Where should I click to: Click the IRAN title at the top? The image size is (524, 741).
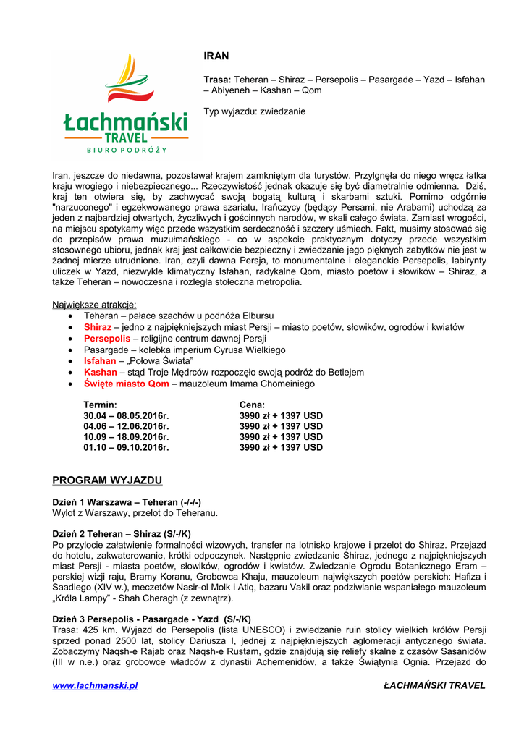(x=216, y=56)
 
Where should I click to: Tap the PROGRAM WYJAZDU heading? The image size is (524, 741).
(x=107, y=480)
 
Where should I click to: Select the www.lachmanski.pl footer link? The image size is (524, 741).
(x=95, y=685)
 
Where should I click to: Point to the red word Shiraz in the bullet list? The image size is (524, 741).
(x=98, y=327)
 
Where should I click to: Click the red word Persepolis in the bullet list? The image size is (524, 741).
(x=107, y=339)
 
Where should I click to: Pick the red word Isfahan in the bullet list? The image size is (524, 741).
(x=100, y=361)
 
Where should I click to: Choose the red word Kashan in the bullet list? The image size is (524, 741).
(x=100, y=372)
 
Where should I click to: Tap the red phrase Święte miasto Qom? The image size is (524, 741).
(x=126, y=384)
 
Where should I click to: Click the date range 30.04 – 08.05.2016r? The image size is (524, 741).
(x=126, y=416)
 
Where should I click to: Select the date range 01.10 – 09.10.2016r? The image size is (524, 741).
(x=126, y=448)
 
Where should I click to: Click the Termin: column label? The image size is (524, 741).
(x=100, y=405)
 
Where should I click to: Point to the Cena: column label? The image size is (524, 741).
(x=252, y=405)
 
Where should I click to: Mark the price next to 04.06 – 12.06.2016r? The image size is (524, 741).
(x=281, y=426)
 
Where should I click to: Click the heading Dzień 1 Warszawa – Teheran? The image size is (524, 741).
(x=127, y=502)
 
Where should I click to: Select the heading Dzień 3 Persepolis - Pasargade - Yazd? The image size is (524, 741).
(x=152, y=619)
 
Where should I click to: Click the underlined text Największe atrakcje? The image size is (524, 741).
(x=94, y=305)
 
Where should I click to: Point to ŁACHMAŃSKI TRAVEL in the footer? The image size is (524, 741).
(x=434, y=685)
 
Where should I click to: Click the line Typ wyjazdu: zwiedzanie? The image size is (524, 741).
(x=254, y=112)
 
